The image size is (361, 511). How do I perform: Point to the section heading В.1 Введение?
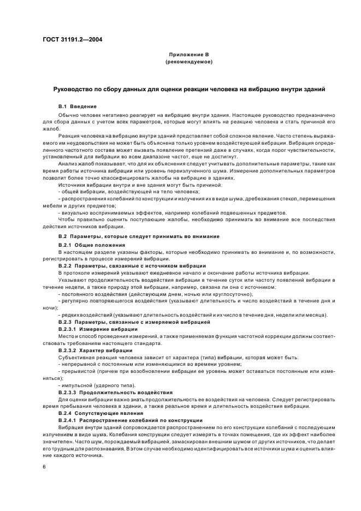78,106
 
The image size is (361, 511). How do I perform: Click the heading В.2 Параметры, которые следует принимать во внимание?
139,236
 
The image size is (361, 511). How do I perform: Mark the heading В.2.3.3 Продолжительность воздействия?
116,392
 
